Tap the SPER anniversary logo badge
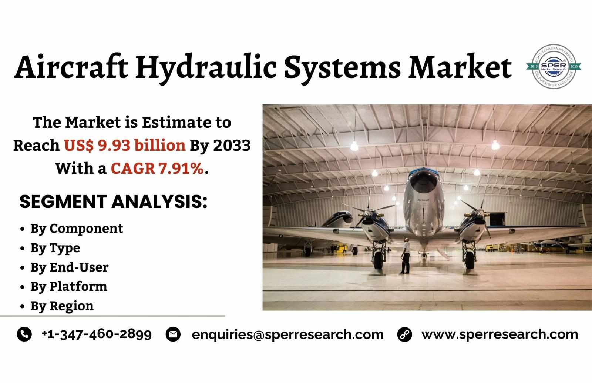coord(554,66)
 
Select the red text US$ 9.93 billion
coord(125,146)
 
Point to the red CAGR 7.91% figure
coord(157,169)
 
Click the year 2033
coord(232,146)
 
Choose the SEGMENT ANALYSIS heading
coord(114,202)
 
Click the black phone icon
coord(24,334)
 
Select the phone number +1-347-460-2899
coord(97,334)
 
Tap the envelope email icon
coord(173,334)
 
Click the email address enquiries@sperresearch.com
coord(287,334)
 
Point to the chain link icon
coord(405,334)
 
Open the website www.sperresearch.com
coord(500,334)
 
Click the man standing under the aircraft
coord(405,255)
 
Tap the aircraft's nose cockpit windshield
coord(423,181)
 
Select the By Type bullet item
coord(55,248)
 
